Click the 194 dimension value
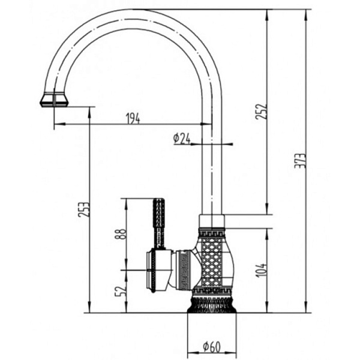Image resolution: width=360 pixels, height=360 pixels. tap(133, 118)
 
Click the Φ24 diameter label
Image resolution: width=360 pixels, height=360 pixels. tap(182, 139)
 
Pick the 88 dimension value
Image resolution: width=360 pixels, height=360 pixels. tap(121, 233)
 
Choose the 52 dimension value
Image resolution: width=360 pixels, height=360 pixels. tap(121, 292)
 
